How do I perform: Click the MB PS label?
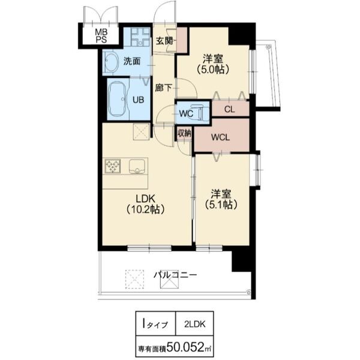pyautogui.click(x=101, y=36)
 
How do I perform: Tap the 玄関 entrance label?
pyautogui.click(x=164, y=41)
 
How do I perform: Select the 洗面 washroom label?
pyautogui.click(x=131, y=61)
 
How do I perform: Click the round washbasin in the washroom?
pyautogui.click(x=111, y=62)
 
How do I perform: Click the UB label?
pyautogui.click(x=139, y=100)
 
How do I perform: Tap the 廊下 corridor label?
pyautogui.click(x=163, y=88)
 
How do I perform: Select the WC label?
pyautogui.click(x=186, y=113)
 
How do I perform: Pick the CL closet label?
pyautogui.click(x=229, y=109)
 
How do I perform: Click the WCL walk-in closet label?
pyautogui.click(x=220, y=137)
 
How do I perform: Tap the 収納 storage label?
pyautogui.click(x=184, y=133)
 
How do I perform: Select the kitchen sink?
pyautogui.click(x=137, y=166)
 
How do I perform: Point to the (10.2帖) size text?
pyautogui.click(x=145, y=209)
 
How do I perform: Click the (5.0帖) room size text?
pyautogui.click(x=213, y=69)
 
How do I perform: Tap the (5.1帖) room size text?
pyautogui.click(x=221, y=205)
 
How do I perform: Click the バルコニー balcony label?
pyautogui.click(x=175, y=275)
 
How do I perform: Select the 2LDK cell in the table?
pyautogui.click(x=194, y=324)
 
